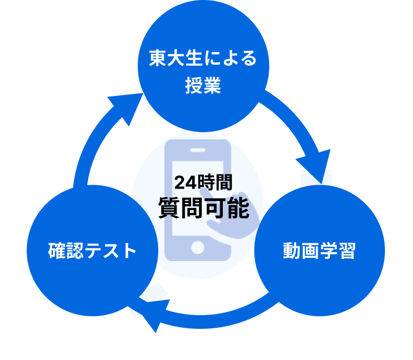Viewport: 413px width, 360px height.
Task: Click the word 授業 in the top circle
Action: tap(203, 86)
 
